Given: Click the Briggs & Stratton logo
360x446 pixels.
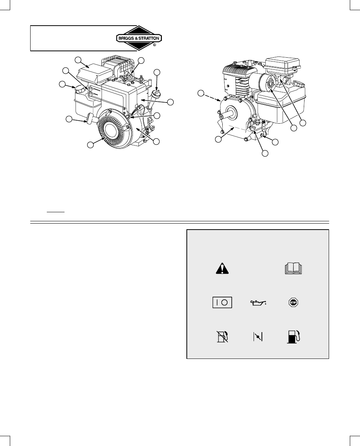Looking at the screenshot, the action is [x=139, y=38].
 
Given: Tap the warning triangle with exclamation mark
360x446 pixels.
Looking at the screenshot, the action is [x=222, y=268].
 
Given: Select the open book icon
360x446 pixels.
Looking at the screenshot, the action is [x=293, y=269].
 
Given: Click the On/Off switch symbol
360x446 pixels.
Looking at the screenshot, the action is [x=222, y=302].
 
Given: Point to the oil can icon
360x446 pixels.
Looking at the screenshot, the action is [x=258, y=303].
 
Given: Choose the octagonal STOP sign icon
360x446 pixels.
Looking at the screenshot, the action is [x=293, y=302].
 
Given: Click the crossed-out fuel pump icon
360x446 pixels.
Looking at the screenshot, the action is [x=222, y=337].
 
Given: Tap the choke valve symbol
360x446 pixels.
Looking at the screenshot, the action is [x=258, y=337].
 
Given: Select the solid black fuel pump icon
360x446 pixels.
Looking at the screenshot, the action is [x=294, y=337].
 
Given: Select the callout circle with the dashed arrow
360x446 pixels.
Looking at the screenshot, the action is [x=201, y=93].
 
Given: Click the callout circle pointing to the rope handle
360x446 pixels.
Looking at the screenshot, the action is [x=69, y=120].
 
